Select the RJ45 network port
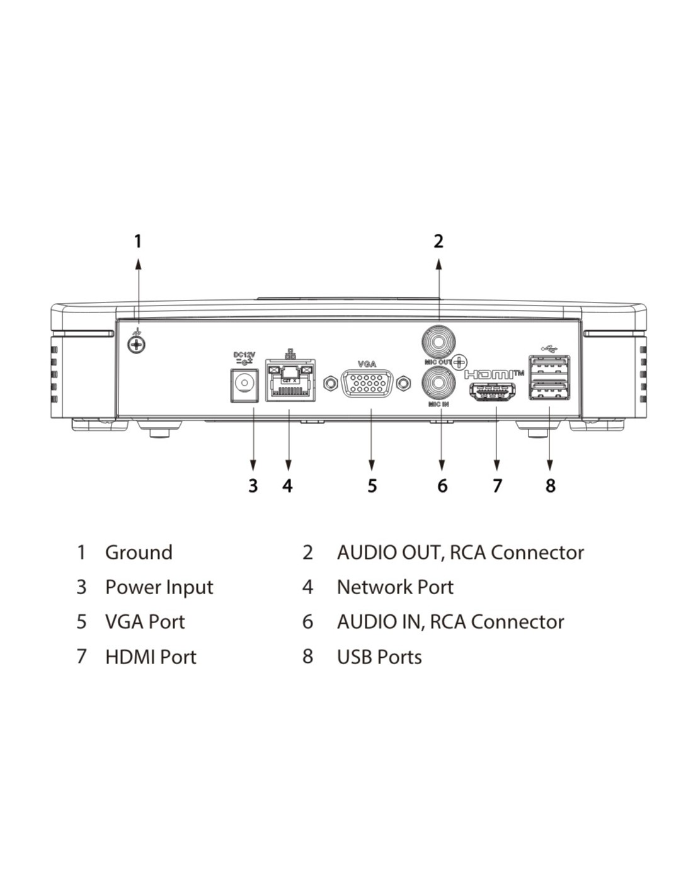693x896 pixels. click(x=289, y=380)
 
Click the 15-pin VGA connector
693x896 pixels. click(x=367, y=384)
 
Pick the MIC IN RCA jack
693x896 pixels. click(x=438, y=383)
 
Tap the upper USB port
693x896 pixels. click(x=549, y=364)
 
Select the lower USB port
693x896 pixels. click(x=549, y=389)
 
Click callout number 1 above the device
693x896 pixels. click(x=139, y=241)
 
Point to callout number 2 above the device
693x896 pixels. click(x=438, y=241)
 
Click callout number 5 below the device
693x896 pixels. click(x=372, y=485)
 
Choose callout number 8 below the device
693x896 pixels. click(x=551, y=485)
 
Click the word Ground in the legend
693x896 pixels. click(x=139, y=553)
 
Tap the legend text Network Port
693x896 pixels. click(x=395, y=587)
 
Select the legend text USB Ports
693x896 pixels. click(x=379, y=657)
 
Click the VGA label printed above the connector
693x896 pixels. click(x=367, y=364)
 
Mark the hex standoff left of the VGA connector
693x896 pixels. click(x=329, y=384)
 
